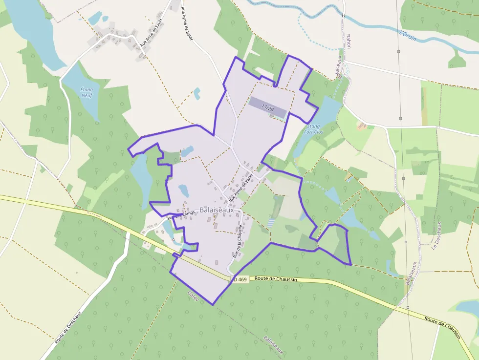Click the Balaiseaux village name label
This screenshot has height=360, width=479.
click(x=214, y=210)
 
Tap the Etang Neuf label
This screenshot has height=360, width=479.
click(x=87, y=92)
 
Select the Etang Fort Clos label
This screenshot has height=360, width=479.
click(x=314, y=128)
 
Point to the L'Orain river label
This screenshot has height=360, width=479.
click(x=408, y=35)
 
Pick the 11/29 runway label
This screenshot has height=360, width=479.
click(x=267, y=107)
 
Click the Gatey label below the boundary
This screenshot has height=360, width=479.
click(x=193, y=296)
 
